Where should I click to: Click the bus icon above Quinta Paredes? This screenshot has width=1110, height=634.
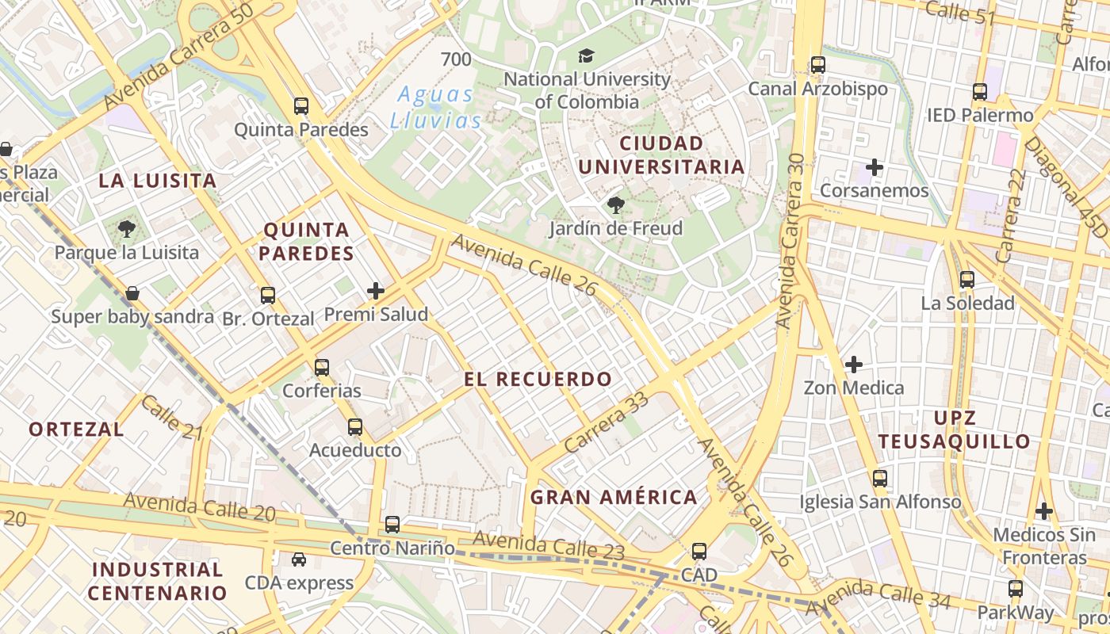tap(300, 106)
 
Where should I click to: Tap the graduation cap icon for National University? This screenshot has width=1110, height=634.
tap(586, 56)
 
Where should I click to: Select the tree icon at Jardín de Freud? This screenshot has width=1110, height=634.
tap(615, 206)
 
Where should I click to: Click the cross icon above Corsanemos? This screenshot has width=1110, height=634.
tap(875, 167)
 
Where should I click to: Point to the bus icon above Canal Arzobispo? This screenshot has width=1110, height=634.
tap(817, 65)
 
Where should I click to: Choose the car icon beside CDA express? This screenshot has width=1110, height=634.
tap(298, 560)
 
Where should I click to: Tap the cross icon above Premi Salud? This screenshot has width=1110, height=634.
tap(376, 292)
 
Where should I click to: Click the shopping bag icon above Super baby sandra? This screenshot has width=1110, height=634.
tap(132, 294)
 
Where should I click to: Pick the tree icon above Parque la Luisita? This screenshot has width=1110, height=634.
tap(126, 230)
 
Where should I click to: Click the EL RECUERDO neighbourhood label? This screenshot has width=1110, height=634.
tap(538, 379)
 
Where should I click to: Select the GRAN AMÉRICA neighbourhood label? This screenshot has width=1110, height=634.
tap(614, 498)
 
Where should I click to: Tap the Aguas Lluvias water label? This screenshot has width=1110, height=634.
tap(435, 108)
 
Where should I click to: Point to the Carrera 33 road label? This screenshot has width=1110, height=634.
tap(607, 422)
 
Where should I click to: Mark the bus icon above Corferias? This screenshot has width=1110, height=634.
tap(321, 368)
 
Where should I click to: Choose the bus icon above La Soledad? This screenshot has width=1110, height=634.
tap(966, 280)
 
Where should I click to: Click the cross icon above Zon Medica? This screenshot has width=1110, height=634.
tap(854, 365)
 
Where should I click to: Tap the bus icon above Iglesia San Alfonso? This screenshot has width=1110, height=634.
tap(879, 479)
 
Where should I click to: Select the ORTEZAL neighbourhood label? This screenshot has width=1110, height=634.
tap(76, 430)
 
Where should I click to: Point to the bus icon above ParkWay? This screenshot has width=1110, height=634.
tap(1015, 589)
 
